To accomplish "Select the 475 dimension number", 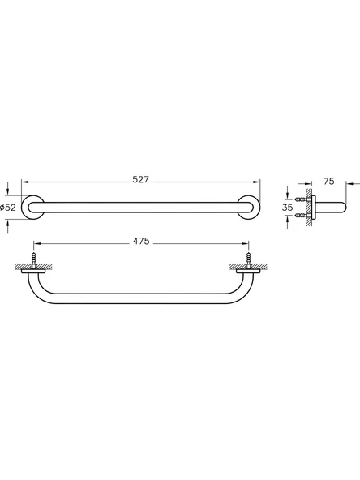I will pos(139,242).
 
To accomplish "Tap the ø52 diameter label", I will pos(8,208).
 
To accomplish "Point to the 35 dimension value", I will pos(286,208).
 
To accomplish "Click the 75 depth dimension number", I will pos(329,182).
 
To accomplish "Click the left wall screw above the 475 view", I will pos(34,260).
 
